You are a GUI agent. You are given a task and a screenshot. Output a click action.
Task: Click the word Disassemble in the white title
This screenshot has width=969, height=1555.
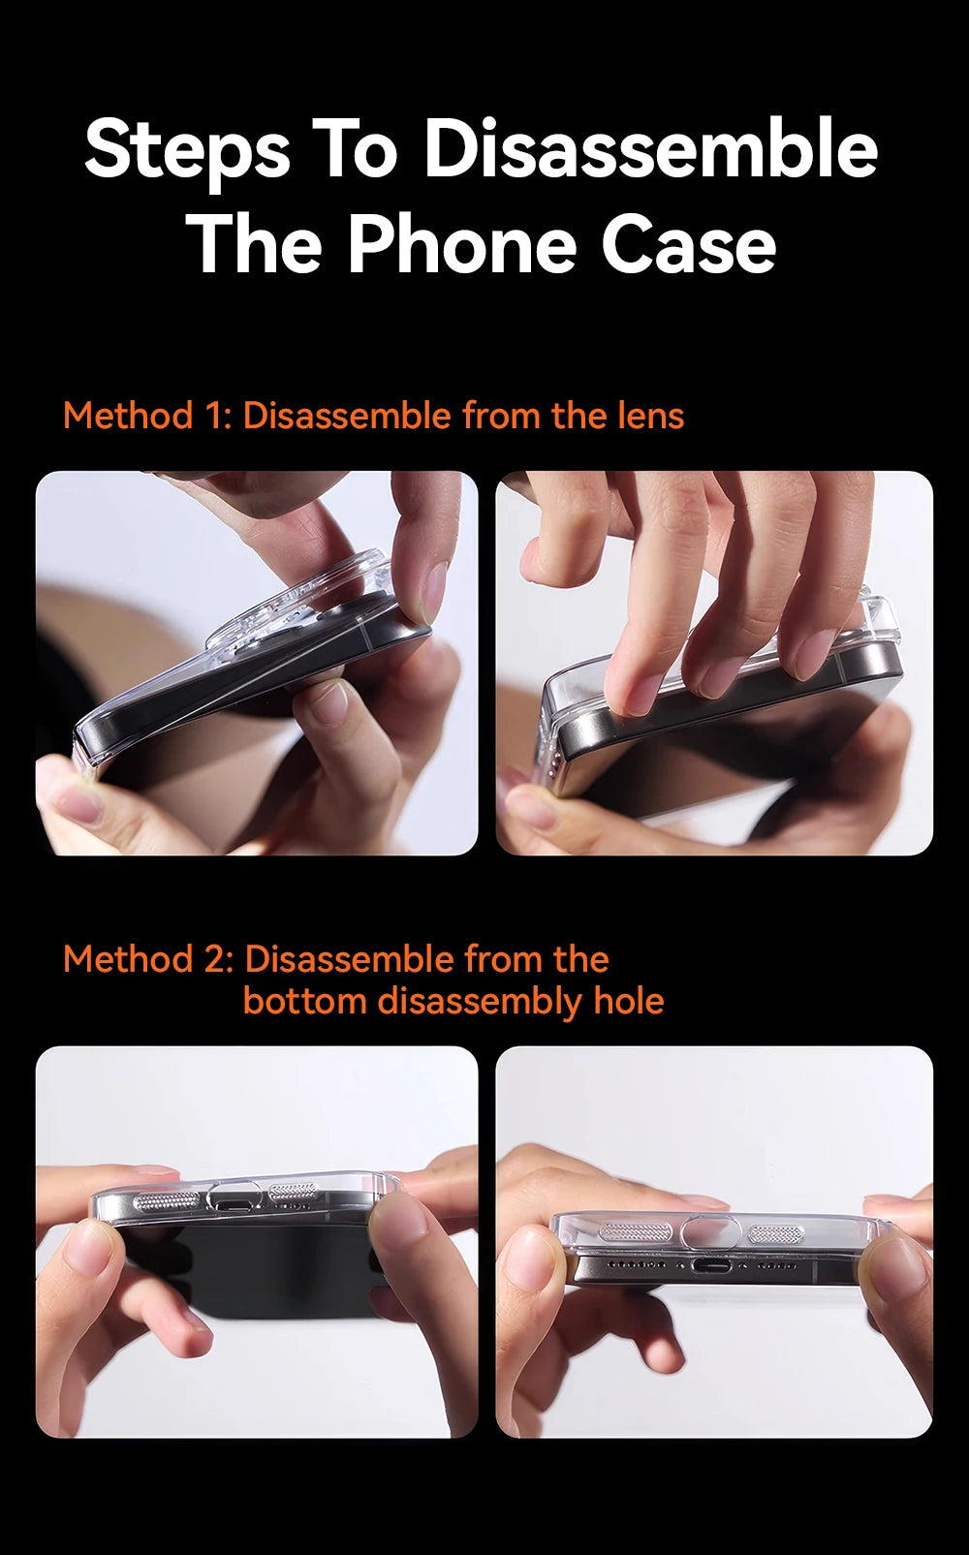pos(651,148)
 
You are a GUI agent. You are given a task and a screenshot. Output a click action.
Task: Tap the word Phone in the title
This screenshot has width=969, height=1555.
pos(462,245)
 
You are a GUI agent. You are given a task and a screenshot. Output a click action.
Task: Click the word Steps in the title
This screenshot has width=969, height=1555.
pos(187,154)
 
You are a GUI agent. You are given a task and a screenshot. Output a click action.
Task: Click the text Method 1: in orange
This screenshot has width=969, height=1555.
pos(148,416)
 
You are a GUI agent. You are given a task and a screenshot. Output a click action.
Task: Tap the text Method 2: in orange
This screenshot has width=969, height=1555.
pos(148,959)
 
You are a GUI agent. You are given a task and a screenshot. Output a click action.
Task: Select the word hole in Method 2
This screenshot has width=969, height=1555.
pos(629,1001)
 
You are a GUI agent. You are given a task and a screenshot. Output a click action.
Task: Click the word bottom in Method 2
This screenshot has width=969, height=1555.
pos(304,1001)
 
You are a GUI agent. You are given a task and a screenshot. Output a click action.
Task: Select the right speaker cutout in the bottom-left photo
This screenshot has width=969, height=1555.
pos(294,1193)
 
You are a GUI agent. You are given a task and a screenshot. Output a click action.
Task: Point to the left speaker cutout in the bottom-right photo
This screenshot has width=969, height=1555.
pos(635,1229)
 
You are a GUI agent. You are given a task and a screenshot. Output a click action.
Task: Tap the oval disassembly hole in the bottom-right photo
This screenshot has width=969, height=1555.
pos(705,1232)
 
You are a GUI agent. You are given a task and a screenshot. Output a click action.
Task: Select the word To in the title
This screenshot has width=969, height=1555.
pos(355,148)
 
